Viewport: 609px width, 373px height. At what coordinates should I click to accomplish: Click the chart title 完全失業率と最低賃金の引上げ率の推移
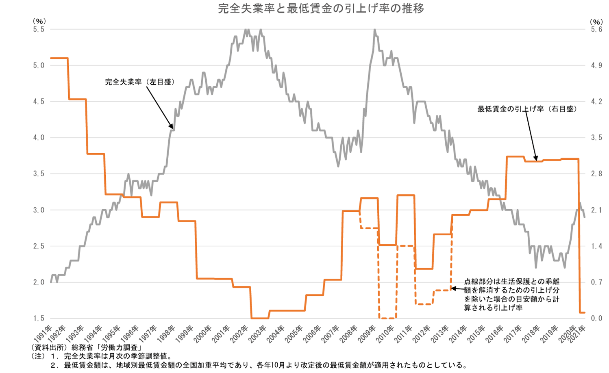pyautogui.click(x=321, y=9)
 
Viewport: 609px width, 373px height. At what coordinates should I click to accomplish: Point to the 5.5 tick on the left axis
pyautogui.click(x=39, y=29)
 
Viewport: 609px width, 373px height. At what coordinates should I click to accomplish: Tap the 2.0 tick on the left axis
pyautogui.click(x=39, y=282)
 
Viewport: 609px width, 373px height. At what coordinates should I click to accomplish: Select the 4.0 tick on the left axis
pyautogui.click(x=39, y=138)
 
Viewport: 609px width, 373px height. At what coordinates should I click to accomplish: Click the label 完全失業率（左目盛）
pyautogui.click(x=140, y=82)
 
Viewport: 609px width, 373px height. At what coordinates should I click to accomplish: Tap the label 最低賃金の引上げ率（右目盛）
pyautogui.click(x=527, y=109)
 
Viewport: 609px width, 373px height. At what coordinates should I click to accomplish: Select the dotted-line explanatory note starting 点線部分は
pyautogui.click(x=511, y=295)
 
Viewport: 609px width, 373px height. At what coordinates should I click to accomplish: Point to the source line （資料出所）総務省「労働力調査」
pyautogui.click(x=86, y=348)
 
